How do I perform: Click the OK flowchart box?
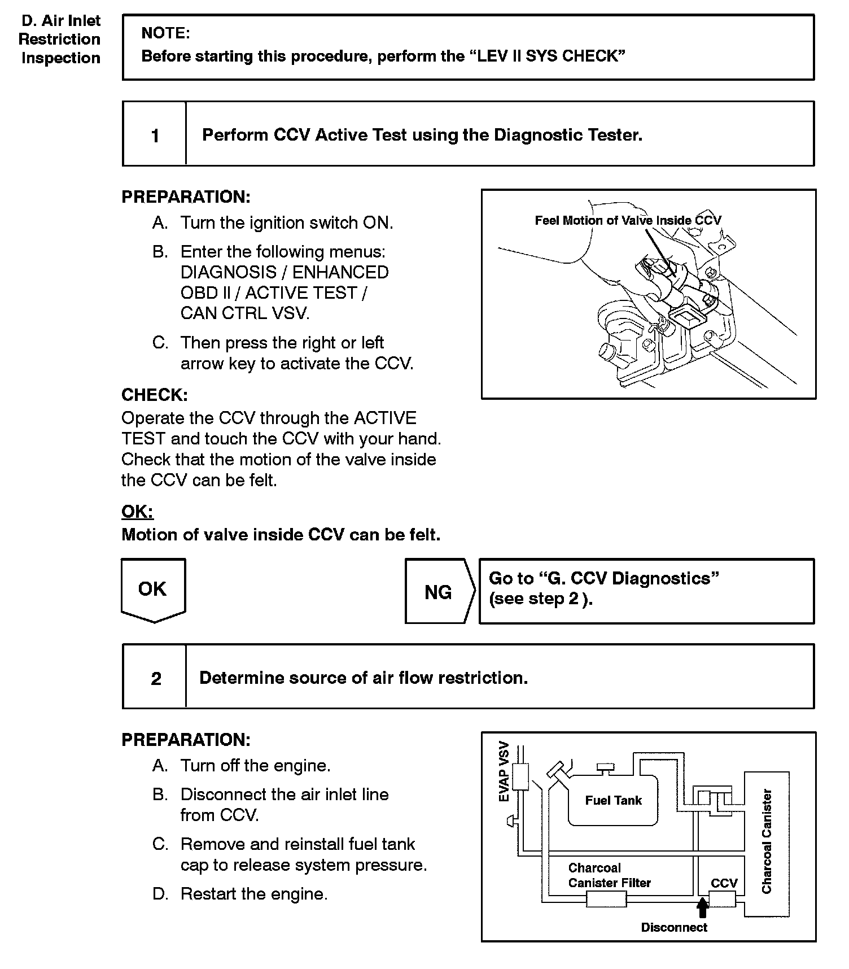[x=153, y=589]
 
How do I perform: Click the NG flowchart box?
[x=438, y=592]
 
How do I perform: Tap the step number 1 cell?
[x=155, y=136]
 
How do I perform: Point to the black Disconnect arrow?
[x=702, y=907]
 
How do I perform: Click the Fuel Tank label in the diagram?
[x=613, y=800]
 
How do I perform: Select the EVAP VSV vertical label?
[x=504, y=771]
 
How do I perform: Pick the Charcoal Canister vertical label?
[x=766, y=841]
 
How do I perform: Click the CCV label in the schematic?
[x=724, y=883]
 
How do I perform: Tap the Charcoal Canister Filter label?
[x=609, y=875]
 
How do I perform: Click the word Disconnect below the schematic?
[x=674, y=927]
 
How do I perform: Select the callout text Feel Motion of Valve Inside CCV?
[x=628, y=221]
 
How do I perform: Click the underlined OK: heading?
[x=137, y=512]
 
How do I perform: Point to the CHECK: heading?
[x=155, y=395]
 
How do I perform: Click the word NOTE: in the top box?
[x=165, y=33]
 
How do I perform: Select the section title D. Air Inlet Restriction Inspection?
[x=60, y=40]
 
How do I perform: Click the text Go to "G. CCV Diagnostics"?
[x=603, y=578]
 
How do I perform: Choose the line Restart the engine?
[x=253, y=894]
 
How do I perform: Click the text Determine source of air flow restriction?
[x=364, y=678]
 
